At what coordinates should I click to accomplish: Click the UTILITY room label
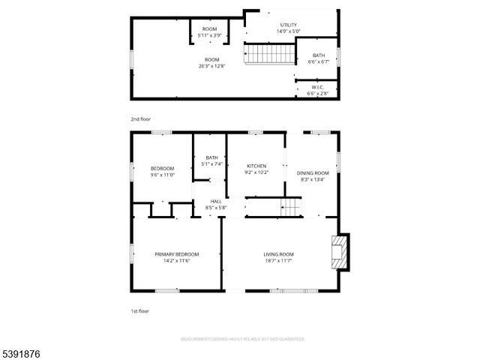pos(289,25)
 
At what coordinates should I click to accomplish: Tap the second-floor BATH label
pos(319,55)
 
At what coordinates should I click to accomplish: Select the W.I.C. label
pos(318,88)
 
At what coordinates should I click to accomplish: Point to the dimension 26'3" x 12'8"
pos(212,65)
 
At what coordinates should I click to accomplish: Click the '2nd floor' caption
pos(140,119)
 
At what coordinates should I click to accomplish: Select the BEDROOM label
pos(162,168)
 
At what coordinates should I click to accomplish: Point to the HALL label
pos(216,201)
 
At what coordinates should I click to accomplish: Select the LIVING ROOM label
pos(278,253)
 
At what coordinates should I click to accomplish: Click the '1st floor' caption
pos(139,310)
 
